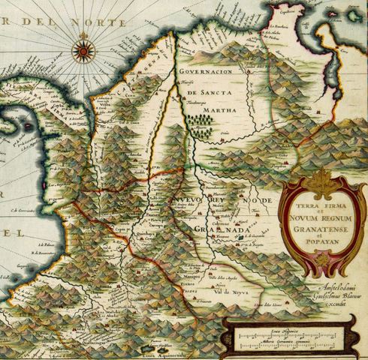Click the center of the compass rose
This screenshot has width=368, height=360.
[83, 52]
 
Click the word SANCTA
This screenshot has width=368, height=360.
[219, 91]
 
